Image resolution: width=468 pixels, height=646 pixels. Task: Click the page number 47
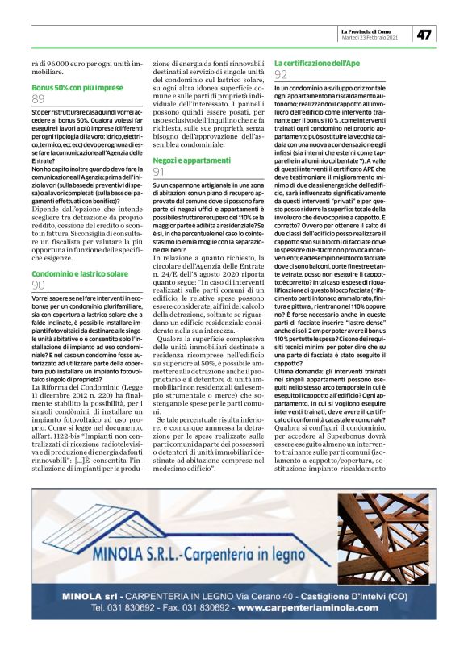click(424, 34)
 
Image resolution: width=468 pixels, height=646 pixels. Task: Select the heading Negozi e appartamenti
click(187, 161)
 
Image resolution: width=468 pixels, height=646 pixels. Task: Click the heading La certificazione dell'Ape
click(317, 62)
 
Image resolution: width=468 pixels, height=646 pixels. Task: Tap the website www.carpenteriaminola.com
click(308, 606)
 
